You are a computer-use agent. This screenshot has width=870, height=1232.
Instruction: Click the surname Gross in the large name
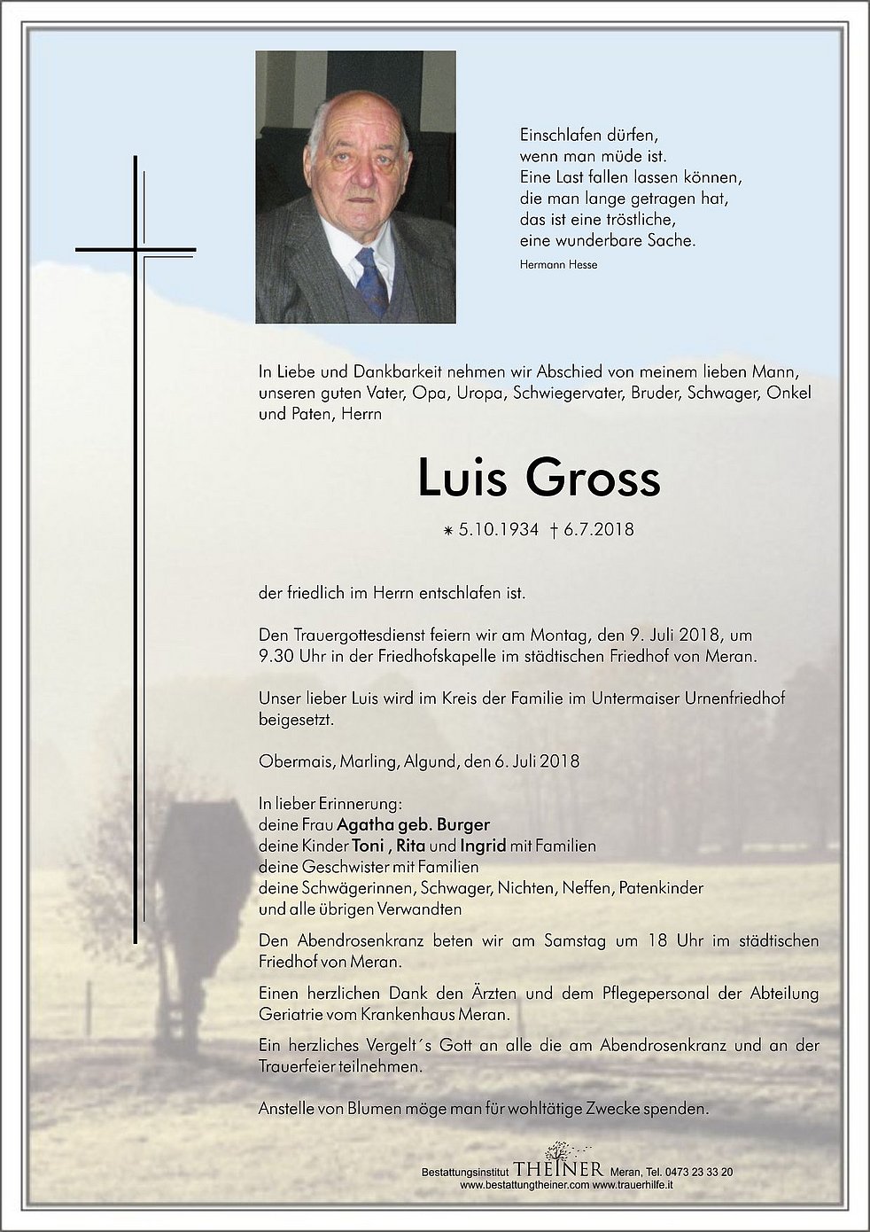click(x=594, y=479)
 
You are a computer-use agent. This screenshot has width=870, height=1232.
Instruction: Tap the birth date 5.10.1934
click(x=499, y=530)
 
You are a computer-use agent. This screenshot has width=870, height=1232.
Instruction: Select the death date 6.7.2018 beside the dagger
click(x=598, y=530)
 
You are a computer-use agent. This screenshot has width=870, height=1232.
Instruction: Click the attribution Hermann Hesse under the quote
click(x=558, y=264)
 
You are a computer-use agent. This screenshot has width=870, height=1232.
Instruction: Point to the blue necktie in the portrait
click(x=371, y=279)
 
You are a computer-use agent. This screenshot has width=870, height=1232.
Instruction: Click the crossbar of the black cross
click(x=136, y=250)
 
